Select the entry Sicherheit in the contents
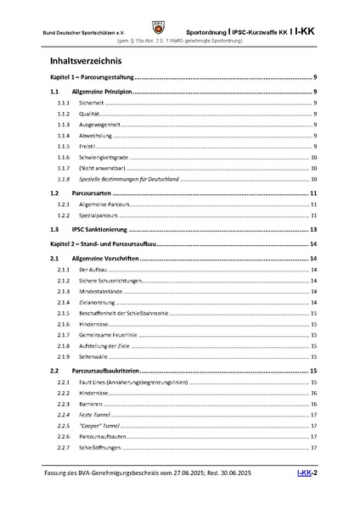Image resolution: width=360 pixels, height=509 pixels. [x=92, y=102]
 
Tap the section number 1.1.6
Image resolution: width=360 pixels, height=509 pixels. [x=62, y=157]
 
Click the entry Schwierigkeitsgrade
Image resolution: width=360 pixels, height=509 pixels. [x=105, y=157]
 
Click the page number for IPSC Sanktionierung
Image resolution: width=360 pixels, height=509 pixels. [x=313, y=229]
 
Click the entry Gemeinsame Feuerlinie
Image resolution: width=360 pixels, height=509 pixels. [x=110, y=335]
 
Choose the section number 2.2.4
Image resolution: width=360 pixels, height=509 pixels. [x=62, y=414]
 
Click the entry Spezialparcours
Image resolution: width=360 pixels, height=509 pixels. [x=98, y=215]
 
